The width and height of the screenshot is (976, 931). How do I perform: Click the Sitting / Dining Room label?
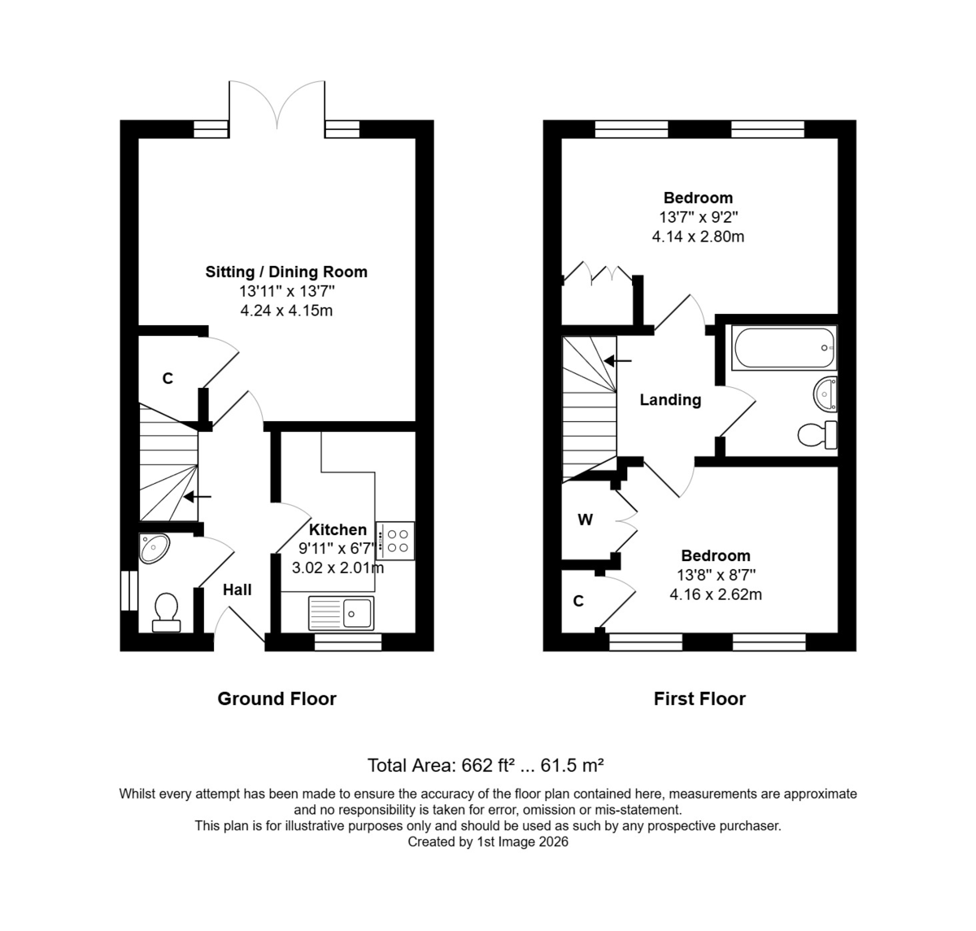click(x=286, y=272)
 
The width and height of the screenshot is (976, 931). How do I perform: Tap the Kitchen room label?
click(x=338, y=529)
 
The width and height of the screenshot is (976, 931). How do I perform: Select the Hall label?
click(x=237, y=589)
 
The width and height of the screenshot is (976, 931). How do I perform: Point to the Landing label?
click(x=670, y=399)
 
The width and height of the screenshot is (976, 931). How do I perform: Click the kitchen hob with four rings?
click(x=395, y=541)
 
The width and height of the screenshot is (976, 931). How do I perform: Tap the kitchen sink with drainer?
click(x=341, y=613)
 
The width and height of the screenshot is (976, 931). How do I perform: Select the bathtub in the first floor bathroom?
click(x=784, y=347)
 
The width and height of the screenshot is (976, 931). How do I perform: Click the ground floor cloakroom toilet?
click(x=166, y=613)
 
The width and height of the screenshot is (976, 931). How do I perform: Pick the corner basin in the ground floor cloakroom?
click(x=153, y=548)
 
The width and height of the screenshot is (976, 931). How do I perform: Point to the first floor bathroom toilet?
click(x=817, y=435)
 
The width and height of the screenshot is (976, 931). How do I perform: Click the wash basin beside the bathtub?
click(x=825, y=394)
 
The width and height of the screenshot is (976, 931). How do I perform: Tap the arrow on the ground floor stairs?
click(x=198, y=496)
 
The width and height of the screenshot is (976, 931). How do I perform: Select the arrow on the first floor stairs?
click(x=617, y=361)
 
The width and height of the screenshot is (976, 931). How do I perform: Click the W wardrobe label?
click(x=586, y=520)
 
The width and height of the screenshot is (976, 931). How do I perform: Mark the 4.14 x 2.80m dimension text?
click(x=698, y=237)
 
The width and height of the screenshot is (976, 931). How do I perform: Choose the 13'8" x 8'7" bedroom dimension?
click(x=716, y=575)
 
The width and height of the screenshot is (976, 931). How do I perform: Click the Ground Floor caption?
click(x=277, y=699)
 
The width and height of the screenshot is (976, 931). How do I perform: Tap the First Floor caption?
click(x=699, y=699)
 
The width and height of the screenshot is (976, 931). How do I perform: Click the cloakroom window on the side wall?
click(x=129, y=590)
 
